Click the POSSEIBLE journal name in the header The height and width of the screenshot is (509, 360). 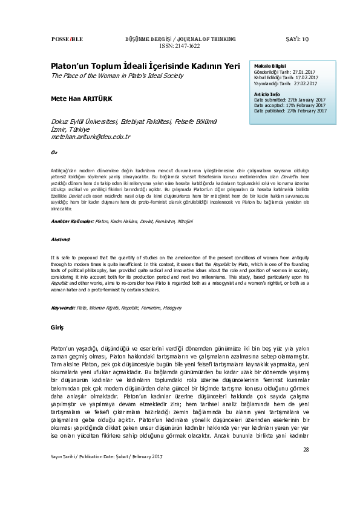[68, 39]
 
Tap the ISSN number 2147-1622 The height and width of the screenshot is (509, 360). [180, 45]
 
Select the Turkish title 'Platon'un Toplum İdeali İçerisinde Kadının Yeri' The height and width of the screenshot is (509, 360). [145, 66]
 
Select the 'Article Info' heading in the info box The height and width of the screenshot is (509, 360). [267, 94]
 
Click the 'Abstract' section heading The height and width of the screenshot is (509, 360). [61, 240]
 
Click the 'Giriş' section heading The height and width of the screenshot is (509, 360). [56, 327]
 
